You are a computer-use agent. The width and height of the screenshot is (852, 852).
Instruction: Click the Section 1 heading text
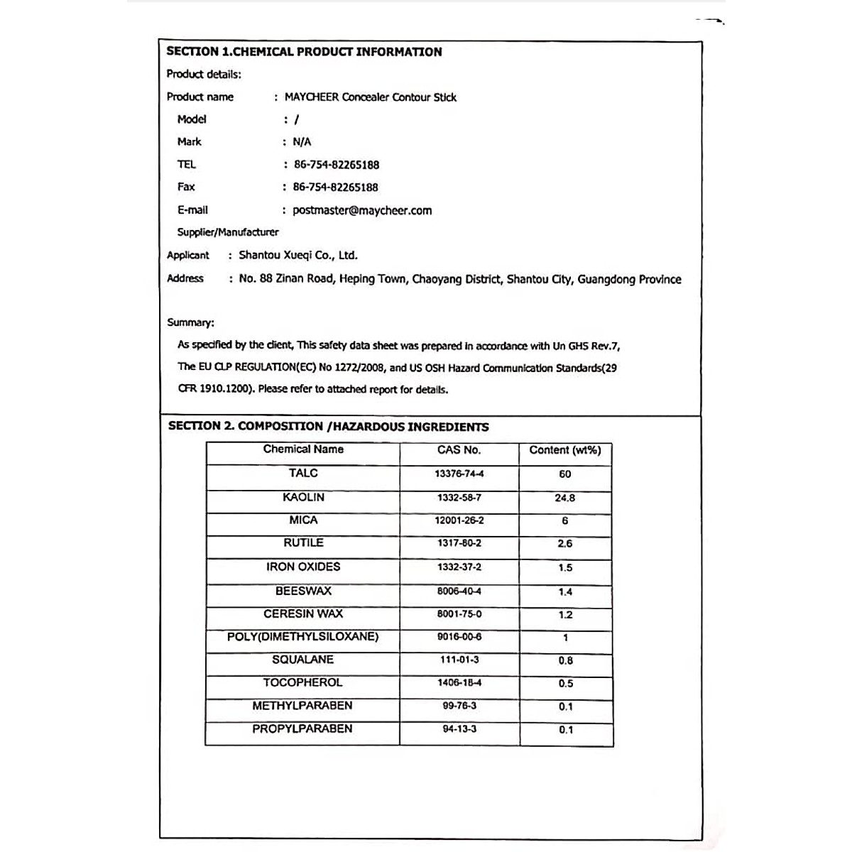point(304,52)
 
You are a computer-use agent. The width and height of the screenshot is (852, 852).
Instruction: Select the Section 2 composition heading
point(328,427)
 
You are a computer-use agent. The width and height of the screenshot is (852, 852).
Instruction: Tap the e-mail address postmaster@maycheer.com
point(362,210)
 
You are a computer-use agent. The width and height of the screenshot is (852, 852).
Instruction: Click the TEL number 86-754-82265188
point(337,165)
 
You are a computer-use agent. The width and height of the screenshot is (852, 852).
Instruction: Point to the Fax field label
point(186,187)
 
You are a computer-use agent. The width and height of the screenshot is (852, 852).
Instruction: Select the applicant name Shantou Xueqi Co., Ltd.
point(298,256)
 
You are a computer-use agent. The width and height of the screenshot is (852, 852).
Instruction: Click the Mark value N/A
point(302,142)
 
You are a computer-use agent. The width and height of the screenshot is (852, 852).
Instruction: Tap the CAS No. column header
point(459,450)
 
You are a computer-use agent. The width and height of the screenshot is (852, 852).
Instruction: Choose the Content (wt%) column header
point(565,450)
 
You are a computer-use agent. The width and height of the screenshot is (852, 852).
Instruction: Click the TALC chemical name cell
point(303,474)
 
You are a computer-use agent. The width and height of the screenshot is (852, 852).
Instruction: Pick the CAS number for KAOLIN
point(459,498)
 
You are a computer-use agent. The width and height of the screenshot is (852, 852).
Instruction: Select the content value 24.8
point(565,498)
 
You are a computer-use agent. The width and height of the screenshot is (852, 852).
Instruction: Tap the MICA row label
point(303,520)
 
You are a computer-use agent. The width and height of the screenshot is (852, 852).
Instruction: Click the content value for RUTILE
point(565,544)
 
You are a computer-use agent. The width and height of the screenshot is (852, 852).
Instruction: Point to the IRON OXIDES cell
point(303,567)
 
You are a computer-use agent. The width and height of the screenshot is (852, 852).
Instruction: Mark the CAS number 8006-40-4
point(459,591)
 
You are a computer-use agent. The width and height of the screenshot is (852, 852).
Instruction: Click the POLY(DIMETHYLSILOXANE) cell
point(303,637)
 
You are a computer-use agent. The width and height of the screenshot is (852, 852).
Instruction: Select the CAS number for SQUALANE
point(459,660)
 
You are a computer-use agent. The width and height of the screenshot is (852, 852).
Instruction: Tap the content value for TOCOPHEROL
point(565,684)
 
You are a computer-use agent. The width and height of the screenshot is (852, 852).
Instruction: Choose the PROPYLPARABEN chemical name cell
point(302,729)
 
